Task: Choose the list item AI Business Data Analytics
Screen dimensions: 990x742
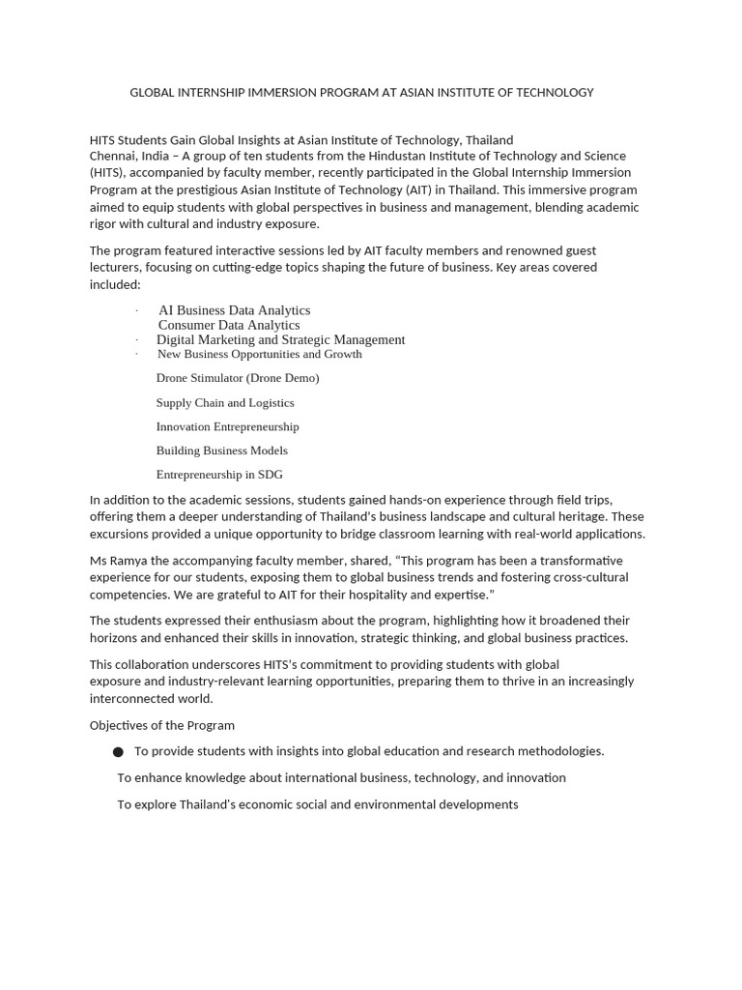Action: point(234,310)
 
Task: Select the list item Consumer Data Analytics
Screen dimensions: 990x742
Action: point(229,325)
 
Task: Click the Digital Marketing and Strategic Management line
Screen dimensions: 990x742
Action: point(280,339)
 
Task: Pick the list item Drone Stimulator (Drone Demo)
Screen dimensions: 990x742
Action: point(238,378)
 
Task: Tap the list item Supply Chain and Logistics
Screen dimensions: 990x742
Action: point(225,402)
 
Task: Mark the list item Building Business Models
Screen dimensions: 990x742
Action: point(222,451)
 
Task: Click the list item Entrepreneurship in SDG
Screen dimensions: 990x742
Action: point(219,475)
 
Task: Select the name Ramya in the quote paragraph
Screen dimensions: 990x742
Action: point(130,561)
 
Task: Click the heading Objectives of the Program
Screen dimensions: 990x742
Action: point(162,725)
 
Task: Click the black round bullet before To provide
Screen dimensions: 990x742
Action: point(118,752)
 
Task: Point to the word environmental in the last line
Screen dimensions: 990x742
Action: point(392,804)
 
